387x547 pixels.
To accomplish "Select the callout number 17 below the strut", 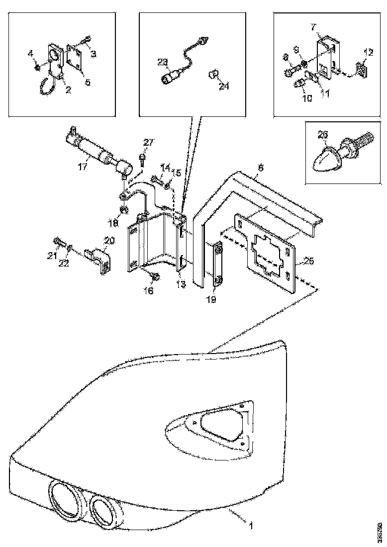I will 83,167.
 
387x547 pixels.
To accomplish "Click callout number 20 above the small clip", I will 109,241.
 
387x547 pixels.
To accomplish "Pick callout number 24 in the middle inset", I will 224,86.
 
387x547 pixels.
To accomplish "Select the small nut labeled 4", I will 37,66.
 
